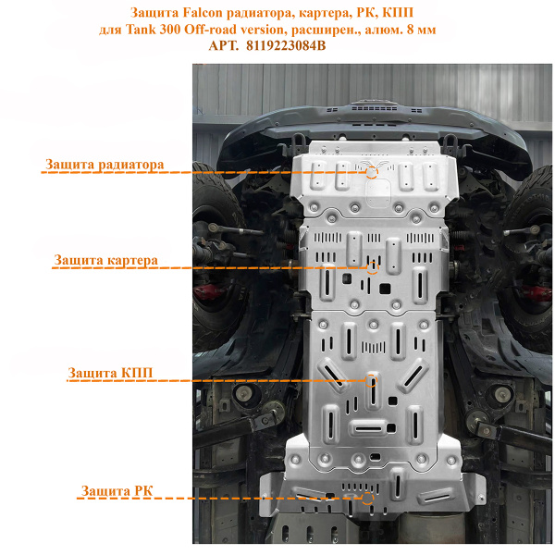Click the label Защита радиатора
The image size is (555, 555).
click(x=105, y=165)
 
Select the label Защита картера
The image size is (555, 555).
click(x=105, y=261)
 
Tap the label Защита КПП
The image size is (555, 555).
click(x=110, y=373)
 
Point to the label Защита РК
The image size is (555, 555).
click(x=115, y=490)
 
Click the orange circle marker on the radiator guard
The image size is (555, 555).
click(x=372, y=171)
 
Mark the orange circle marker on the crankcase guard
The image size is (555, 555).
click(x=373, y=268)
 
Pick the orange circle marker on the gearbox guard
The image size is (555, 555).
click(x=372, y=380)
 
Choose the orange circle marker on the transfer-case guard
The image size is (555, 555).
click(x=368, y=498)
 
